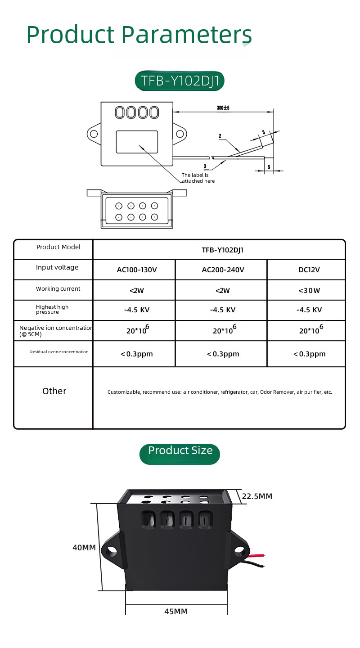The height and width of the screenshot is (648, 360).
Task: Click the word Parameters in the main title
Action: pyautogui.click(x=186, y=35)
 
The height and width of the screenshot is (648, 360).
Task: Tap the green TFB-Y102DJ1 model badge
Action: pyautogui.click(x=180, y=81)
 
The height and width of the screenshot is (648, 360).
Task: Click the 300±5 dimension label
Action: pyautogui.click(x=223, y=108)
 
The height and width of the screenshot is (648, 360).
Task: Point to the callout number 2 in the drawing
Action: pyautogui.click(x=220, y=136)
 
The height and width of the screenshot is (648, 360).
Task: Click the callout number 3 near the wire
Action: pyautogui.click(x=205, y=166)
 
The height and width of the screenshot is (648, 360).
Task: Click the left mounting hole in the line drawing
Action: pyautogui.click(x=94, y=134)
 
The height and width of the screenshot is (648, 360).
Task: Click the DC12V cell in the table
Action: pyautogui.click(x=309, y=270)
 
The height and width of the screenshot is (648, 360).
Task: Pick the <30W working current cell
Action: pyautogui.click(x=309, y=291)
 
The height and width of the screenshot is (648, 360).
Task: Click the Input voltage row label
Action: pyautogui.click(x=57, y=267)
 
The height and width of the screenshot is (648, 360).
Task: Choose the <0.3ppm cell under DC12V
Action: pyautogui.click(x=309, y=354)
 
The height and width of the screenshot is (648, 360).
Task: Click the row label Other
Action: pyautogui.click(x=54, y=391)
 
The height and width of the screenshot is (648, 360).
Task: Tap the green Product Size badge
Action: pyautogui.click(x=180, y=451)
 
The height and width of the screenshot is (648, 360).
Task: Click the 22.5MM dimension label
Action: pyautogui.click(x=257, y=496)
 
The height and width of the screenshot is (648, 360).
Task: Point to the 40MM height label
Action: pyautogui.click(x=84, y=548)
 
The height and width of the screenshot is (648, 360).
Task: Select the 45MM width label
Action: pyautogui.click(x=176, y=612)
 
